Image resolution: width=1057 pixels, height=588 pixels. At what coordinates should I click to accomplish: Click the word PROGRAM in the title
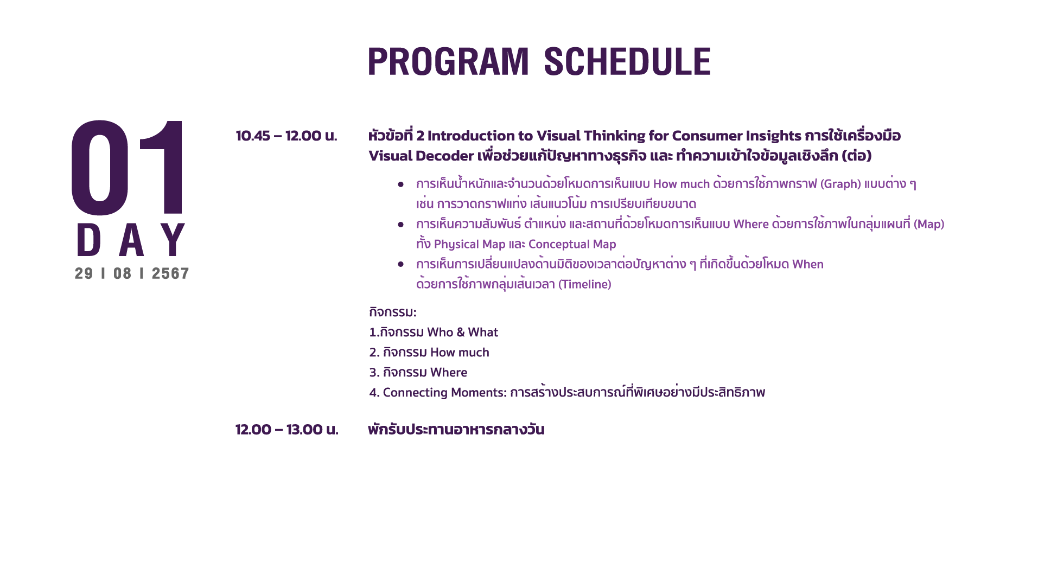[448, 61]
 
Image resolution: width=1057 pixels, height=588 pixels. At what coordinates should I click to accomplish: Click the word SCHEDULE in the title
[627, 61]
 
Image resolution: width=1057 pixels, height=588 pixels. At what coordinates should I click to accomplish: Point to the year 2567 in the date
[170, 273]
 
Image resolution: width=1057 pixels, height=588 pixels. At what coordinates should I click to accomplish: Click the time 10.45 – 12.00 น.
[286, 136]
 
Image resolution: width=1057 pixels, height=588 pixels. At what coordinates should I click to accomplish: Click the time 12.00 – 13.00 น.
[287, 430]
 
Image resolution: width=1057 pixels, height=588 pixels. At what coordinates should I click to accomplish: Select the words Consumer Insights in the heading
[737, 136]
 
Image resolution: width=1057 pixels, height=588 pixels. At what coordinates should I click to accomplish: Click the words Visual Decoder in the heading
[421, 156]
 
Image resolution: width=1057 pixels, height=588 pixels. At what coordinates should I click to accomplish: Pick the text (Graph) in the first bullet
[840, 184]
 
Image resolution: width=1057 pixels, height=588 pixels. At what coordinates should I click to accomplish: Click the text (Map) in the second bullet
[929, 224]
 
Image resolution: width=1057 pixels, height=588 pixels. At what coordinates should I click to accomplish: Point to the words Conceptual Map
[572, 245]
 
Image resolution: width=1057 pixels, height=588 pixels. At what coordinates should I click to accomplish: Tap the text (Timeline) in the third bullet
[585, 284]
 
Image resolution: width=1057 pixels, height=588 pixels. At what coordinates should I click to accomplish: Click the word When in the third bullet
[808, 264]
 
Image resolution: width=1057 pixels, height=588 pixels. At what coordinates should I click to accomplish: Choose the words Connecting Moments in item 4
[444, 393]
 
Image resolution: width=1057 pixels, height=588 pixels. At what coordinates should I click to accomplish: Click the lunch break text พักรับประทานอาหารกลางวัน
[456, 430]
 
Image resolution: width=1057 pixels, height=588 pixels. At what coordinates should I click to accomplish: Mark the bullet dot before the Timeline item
[401, 264]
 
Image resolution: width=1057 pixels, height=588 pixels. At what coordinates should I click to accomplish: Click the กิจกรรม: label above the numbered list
[393, 312]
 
